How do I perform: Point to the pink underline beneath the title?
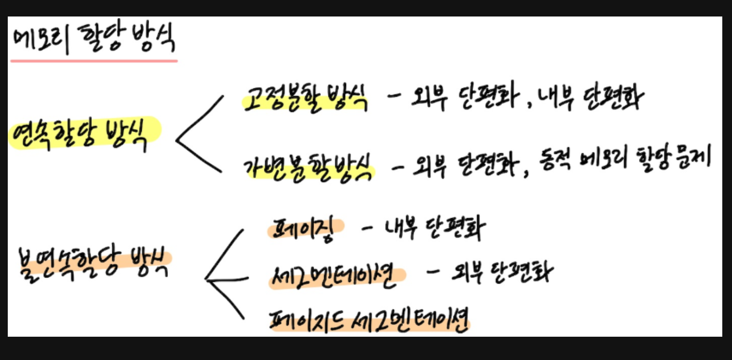94,61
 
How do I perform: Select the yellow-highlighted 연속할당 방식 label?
84,132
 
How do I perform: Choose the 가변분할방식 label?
309,168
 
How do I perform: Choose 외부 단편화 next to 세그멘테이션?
502,273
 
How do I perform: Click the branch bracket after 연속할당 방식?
199,133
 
